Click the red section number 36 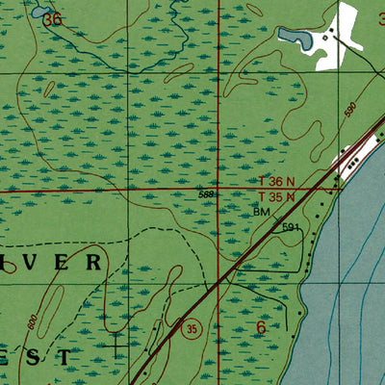tap(53, 18)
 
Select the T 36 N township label tap(275, 181)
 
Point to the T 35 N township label tap(275, 195)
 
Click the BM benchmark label tap(262, 211)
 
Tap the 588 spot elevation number tap(206, 195)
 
